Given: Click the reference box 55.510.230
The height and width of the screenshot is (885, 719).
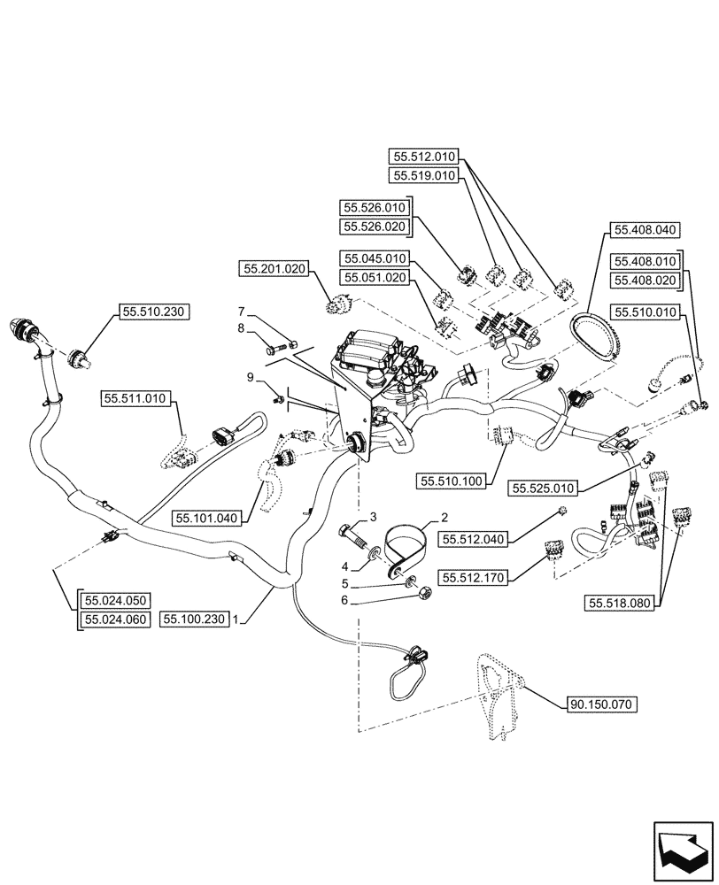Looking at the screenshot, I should coord(151,312).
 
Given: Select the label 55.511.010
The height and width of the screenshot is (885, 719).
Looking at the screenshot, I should coord(137,399).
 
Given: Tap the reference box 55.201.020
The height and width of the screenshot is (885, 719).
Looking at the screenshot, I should coord(273,267).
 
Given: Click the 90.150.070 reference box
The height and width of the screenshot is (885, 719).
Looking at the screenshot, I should coord(601,704).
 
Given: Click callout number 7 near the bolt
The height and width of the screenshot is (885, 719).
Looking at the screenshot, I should coord(241,312).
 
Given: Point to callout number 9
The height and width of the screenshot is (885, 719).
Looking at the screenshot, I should coord(251,377).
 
